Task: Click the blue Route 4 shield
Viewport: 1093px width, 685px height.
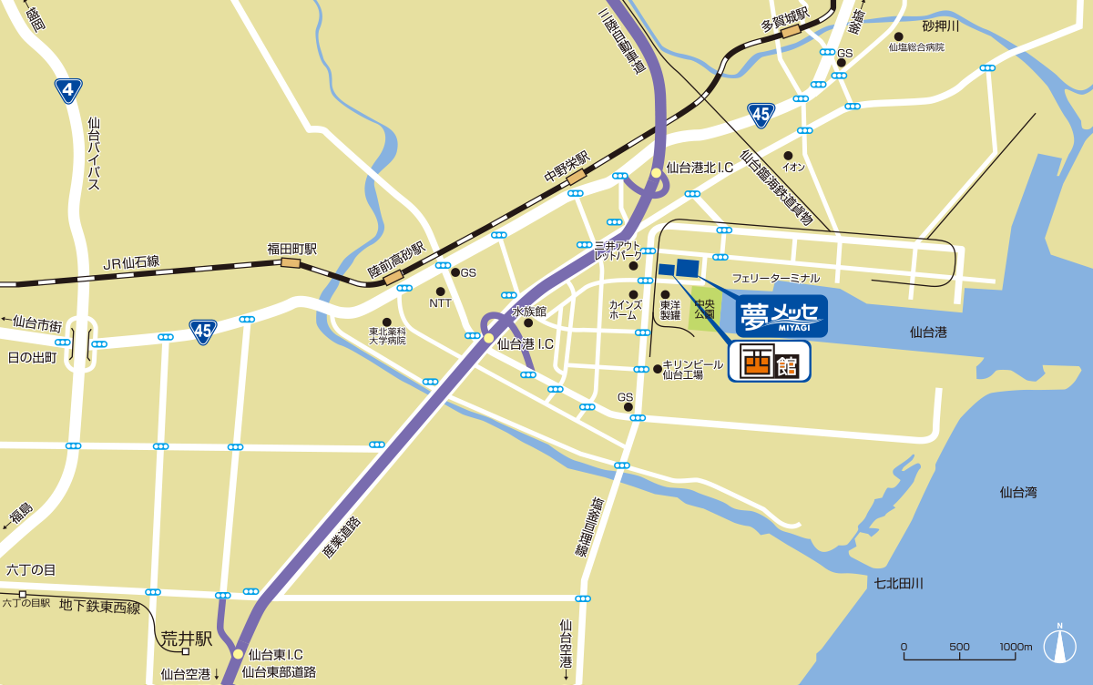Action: tap(68, 90)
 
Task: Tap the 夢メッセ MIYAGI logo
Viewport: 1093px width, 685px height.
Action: tap(781, 316)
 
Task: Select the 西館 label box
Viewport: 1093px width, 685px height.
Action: tap(770, 361)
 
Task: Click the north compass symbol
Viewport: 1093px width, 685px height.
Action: tap(1059, 646)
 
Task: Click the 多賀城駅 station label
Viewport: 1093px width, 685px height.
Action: tap(785, 19)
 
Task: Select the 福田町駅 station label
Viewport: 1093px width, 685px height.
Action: tap(291, 248)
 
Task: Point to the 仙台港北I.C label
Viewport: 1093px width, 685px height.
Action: tap(700, 168)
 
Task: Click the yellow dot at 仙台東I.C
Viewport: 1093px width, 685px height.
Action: tap(238, 654)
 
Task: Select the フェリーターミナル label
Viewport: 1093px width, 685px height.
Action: tap(775, 278)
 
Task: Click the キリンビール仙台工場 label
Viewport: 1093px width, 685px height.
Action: tap(694, 369)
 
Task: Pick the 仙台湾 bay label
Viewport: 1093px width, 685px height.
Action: tap(1017, 493)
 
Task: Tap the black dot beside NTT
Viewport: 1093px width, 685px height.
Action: tap(441, 291)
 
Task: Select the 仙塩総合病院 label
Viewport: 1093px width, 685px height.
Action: tap(916, 46)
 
